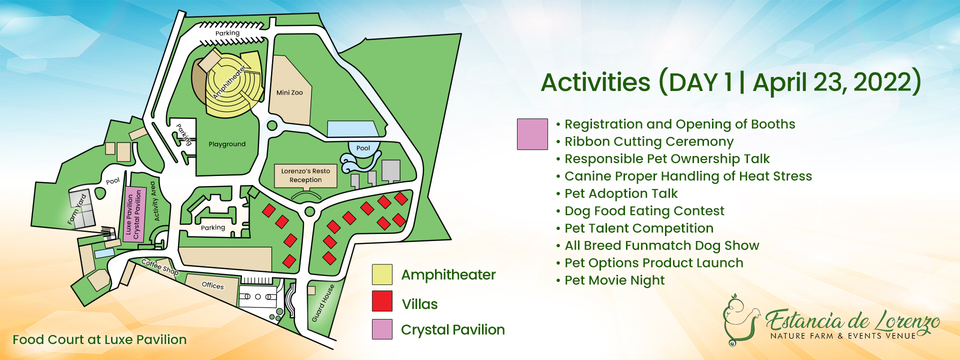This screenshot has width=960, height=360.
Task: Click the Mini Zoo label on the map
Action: (289, 92)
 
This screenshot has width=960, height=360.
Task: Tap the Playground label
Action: (227, 144)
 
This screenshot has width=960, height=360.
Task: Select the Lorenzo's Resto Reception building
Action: (305, 176)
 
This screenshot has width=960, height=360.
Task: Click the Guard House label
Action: (323, 303)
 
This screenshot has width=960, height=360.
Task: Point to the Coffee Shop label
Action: (160, 266)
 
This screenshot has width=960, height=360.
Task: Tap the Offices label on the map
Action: (212, 285)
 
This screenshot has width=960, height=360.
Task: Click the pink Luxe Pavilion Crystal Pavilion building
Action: (133, 214)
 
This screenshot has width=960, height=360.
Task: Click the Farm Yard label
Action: (77, 209)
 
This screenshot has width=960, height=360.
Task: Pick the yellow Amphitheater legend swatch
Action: (382, 274)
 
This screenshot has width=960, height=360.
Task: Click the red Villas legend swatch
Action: (382, 301)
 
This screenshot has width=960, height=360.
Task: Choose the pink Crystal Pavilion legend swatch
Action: (382, 329)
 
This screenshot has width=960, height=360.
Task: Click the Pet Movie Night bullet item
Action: (610, 280)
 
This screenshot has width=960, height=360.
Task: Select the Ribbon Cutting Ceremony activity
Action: (644, 142)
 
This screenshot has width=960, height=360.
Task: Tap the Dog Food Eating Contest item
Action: (640, 211)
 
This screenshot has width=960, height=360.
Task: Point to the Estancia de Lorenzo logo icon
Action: (739, 320)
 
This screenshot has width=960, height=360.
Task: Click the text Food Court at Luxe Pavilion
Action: (99, 339)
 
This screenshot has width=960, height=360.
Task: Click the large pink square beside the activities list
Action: (532, 134)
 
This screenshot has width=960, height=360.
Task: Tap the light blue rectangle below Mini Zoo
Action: (353, 128)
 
